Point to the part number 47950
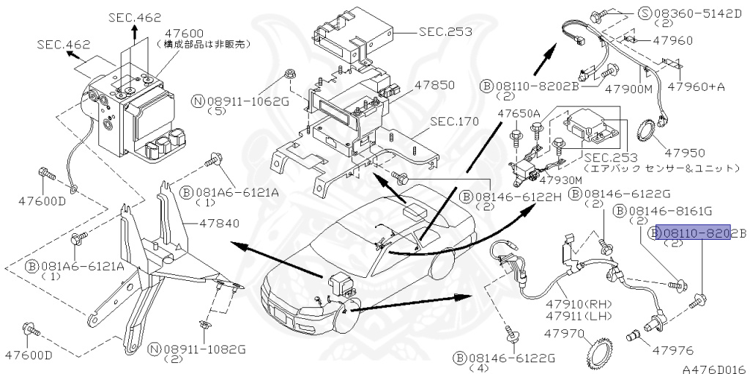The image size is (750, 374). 685,153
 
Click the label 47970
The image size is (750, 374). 563,334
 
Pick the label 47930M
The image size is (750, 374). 561,180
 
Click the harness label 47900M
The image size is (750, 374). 627,88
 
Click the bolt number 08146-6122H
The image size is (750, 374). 510,197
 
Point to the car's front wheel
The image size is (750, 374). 346,320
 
